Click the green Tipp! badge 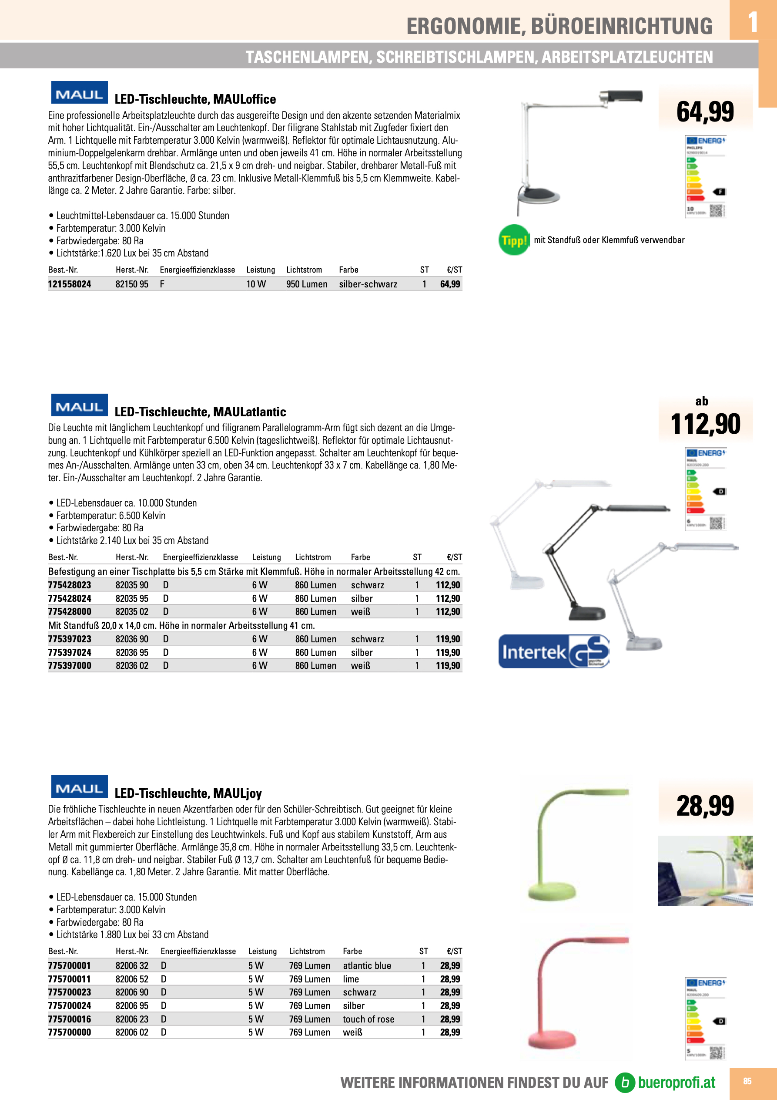click(514, 240)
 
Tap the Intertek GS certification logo click(553, 651)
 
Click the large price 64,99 click(705, 111)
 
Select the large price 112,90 click(705, 424)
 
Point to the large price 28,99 click(705, 805)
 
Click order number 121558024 click(70, 284)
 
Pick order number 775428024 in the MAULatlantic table click(70, 598)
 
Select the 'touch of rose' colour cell click(368, 1019)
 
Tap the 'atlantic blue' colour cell click(367, 965)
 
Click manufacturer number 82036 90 click(132, 639)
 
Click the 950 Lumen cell click(307, 284)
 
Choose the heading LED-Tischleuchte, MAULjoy click(188, 793)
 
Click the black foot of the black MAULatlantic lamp click(586, 614)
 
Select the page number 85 click(747, 1081)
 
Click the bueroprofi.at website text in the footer click(677, 1082)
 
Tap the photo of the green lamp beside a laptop click(705, 871)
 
